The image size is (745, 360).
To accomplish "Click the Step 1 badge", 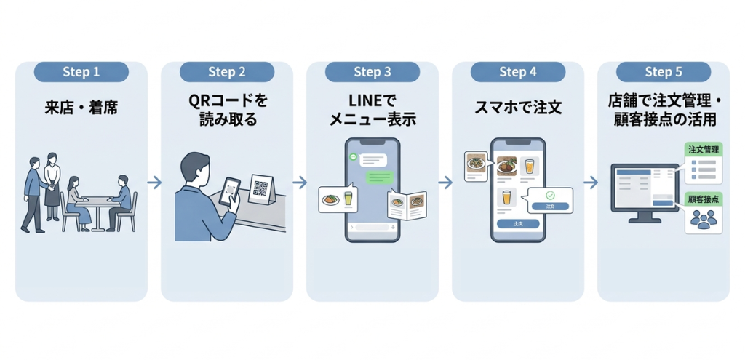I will [x=81, y=72].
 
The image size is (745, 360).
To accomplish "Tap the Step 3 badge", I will [x=372, y=72].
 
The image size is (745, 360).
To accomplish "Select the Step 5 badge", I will [x=664, y=72].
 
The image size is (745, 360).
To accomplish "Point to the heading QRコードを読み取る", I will [x=227, y=110].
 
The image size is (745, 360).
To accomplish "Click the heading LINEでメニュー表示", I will [x=372, y=110].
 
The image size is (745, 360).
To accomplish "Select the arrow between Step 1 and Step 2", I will [x=154, y=182].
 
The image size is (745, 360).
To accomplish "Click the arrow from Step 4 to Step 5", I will [x=591, y=182].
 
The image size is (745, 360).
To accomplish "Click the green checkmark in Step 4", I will [x=551, y=195].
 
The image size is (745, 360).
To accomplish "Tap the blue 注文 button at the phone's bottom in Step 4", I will [x=517, y=223].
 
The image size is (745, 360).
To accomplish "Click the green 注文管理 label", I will [x=704, y=149].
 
